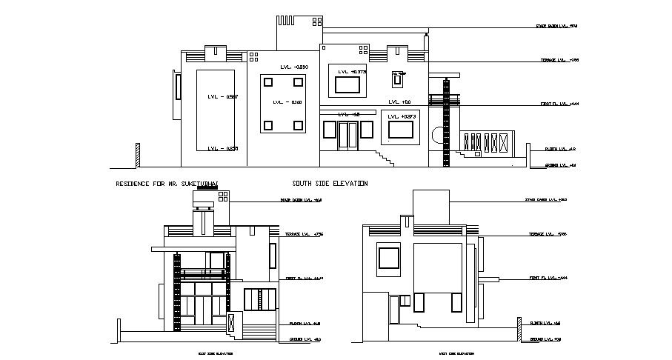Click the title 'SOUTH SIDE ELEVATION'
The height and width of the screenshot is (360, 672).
point(330,183)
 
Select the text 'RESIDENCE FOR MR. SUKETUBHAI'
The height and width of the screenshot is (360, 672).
point(167,183)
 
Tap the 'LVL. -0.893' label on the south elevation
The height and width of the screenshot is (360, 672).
point(293,67)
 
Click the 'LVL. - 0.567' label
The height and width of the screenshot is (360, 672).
point(222,97)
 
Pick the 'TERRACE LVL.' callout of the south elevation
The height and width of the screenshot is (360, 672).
point(559,60)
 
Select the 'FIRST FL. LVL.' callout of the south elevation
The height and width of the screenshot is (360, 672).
point(559,104)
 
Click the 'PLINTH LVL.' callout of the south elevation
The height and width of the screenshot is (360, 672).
point(561,149)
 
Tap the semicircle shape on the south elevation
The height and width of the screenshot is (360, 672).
point(437,136)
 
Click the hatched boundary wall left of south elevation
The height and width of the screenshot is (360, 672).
point(138,155)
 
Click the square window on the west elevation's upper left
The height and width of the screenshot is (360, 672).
point(389,258)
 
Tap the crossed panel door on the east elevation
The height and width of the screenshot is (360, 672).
point(232,323)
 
